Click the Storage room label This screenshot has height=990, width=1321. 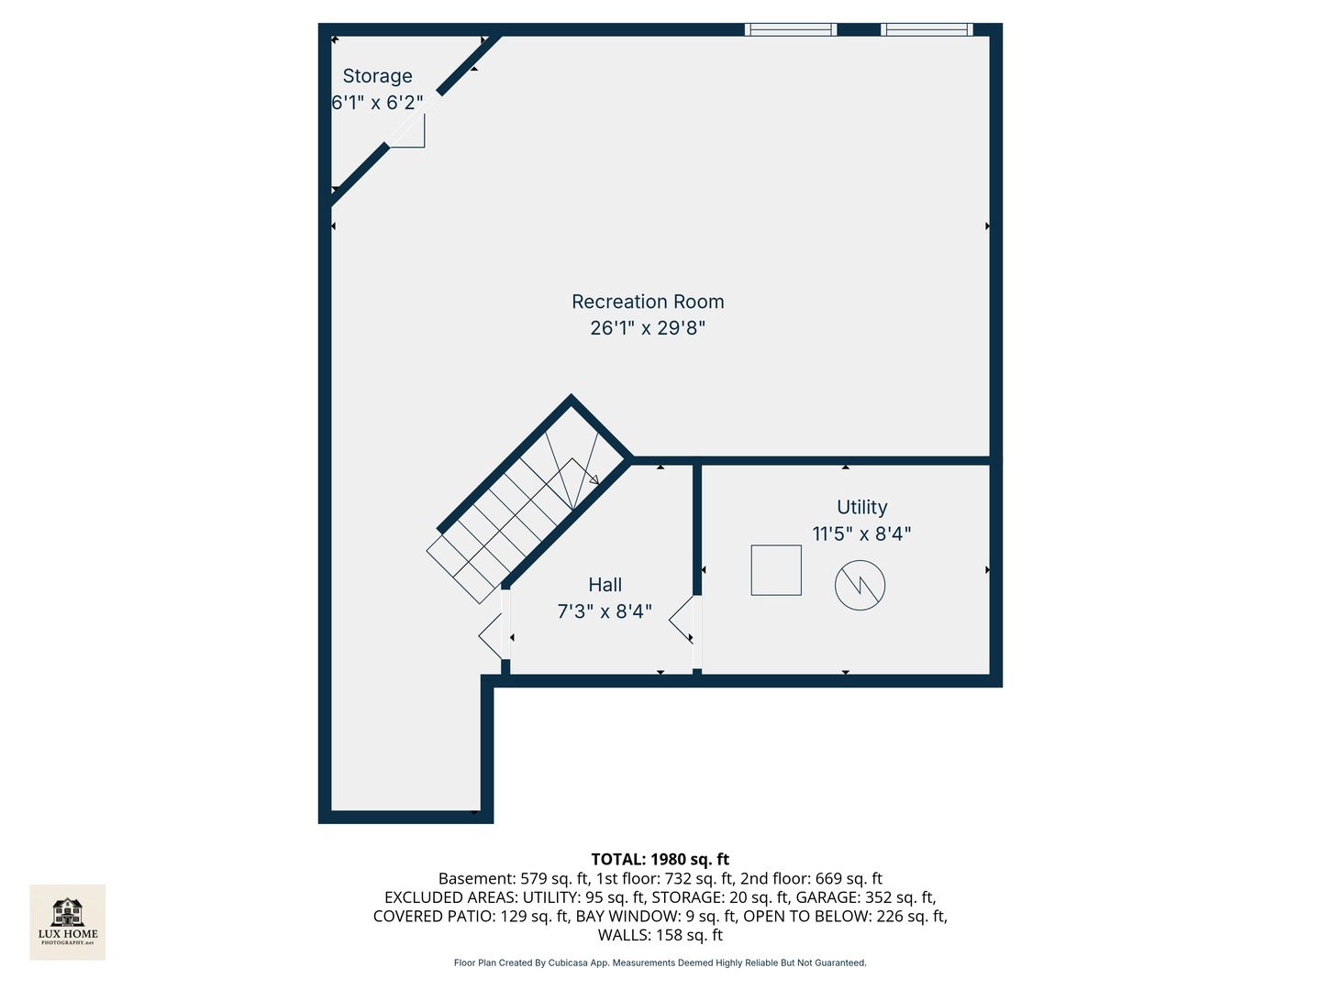377,76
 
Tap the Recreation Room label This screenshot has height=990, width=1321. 648,302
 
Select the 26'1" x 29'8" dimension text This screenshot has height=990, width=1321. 648,328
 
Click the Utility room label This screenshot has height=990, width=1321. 861,507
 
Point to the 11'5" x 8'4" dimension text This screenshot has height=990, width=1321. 861,533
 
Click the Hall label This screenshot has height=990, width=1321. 605,585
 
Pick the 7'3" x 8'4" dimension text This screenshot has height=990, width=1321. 605,612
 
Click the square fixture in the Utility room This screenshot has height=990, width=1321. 776,570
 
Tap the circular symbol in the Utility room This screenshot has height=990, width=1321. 860,586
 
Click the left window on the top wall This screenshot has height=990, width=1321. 790,29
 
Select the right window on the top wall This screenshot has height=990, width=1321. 927,29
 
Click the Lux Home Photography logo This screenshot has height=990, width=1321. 67,922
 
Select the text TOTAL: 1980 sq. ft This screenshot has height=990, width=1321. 660,860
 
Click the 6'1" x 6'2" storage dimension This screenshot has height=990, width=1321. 377,103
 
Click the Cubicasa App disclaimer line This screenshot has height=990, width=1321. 660,962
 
